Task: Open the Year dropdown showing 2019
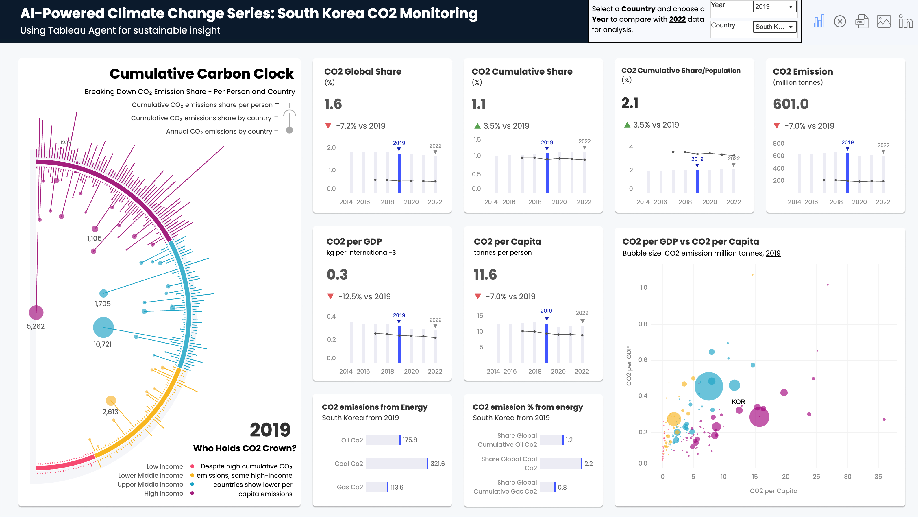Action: pos(774,7)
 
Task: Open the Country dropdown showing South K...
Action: pos(774,27)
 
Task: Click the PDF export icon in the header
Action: pos(861,21)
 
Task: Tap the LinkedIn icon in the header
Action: pos(905,21)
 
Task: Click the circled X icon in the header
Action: pos(840,21)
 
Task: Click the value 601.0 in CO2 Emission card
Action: pos(791,104)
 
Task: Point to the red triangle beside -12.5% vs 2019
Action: pos(330,296)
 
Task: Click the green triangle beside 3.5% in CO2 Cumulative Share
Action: pos(477,126)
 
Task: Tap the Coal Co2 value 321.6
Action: pos(437,464)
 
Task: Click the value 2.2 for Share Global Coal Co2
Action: pos(588,464)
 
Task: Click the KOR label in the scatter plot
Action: pos(738,402)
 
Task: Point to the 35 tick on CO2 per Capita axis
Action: pos(878,477)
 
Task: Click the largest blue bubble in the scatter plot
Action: pos(708,386)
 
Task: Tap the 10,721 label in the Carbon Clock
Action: pos(102,344)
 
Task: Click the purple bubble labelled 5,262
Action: pos(36,313)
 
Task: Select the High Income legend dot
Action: pos(192,494)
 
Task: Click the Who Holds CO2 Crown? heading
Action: pos(245,448)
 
